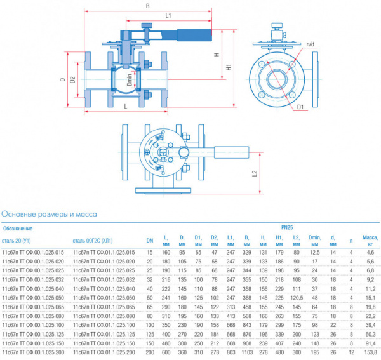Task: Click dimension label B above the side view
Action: (x=147, y=6)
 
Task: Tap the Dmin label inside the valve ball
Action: (x=130, y=81)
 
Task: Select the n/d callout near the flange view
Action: (x=310, y=44)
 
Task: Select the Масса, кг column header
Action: (x=370, y=240)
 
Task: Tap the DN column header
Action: (x=150, y=241)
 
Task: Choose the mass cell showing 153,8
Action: (x=370, y=351)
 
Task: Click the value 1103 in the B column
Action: (x=246, y=351)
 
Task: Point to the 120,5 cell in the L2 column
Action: (x=296, y=297)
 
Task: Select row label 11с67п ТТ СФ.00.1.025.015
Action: (x=33, y=253)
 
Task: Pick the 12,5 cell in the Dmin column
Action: (x=314, y=253)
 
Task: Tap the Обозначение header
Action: (x=18, y=228)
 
